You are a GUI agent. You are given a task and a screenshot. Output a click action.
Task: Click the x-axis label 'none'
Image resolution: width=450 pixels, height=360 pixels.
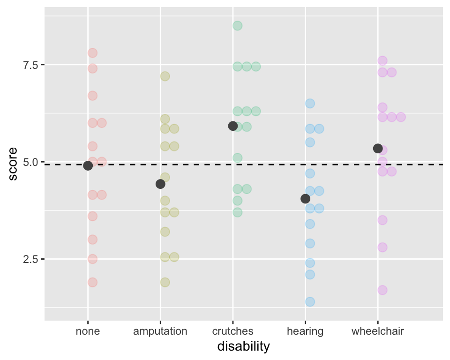pos(88,331)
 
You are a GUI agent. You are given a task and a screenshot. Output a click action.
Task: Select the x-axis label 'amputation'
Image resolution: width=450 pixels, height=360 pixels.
pos(160,331)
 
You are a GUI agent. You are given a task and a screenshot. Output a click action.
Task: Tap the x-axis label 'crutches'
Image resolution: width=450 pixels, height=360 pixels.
pos(233,331)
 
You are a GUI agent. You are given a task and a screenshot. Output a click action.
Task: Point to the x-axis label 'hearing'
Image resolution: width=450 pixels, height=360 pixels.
pos(305,331)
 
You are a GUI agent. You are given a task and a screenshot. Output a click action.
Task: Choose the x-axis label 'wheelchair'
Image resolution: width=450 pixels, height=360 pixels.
pos(378,331)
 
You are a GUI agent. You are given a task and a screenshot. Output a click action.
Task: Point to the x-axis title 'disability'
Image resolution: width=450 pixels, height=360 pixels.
pos(244,347)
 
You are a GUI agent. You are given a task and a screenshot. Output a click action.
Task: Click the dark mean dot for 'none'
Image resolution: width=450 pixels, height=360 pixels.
pos(88,165)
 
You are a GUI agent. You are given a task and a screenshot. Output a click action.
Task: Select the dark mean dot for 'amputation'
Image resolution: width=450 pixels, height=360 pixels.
pos(160,184)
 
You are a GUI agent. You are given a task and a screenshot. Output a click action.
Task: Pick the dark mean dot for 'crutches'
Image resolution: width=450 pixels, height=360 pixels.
pos(232,126)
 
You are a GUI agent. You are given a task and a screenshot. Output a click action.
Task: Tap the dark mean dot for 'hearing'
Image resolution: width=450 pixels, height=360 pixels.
pos(305,199)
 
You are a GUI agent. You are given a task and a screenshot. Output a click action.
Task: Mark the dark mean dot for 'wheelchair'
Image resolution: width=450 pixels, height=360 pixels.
pos(378,148)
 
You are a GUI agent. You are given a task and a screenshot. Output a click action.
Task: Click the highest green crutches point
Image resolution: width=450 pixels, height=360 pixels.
pos(238,25)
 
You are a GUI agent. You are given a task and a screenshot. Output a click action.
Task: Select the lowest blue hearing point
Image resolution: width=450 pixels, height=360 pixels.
pos(310,301)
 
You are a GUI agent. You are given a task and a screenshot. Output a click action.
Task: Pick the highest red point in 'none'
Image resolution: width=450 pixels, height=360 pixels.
pos(92,53)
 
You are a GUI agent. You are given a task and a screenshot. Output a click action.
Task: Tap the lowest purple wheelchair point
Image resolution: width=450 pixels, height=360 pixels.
pos(382,290)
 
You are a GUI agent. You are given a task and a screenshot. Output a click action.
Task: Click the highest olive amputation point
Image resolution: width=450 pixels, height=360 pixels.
pos(165,76)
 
